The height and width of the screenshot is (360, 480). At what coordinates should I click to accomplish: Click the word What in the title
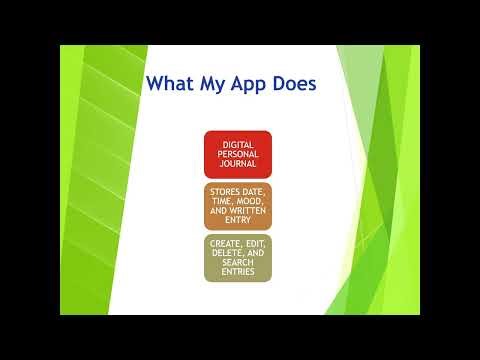(x=171, y=83)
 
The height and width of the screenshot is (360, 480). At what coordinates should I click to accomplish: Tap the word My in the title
(x=214, y=83)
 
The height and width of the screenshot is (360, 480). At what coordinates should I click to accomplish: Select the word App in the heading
(x=251, y=83)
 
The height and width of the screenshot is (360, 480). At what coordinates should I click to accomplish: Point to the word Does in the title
(x=295, y=83)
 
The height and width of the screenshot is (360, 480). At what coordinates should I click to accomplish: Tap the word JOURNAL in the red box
(x=238, y=164)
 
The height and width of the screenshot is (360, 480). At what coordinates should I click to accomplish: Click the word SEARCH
(x=238, y=263)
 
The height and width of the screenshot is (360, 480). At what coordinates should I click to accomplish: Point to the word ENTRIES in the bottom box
(x=238, y=272)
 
